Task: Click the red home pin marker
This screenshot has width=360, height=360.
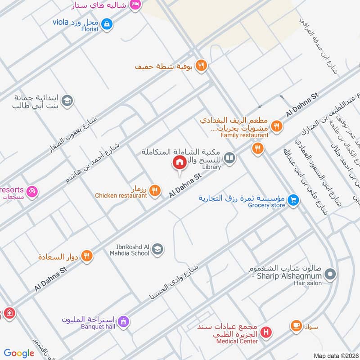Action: tap(179, 162)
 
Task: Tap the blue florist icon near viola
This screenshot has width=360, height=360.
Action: tap(107, 23)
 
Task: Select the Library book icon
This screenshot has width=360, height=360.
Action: tap(229, 158)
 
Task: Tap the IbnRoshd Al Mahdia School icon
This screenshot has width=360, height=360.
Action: tap(157, 249)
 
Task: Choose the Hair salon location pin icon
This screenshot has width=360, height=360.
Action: tap(330, 274)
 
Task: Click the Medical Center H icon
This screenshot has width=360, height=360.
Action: tap(266, 333)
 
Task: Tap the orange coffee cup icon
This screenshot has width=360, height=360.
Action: tap(296, 325)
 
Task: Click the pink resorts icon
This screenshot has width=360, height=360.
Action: tap(31, 191)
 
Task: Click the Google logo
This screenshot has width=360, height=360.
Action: tap(19, 353)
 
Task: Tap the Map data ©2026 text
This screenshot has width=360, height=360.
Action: tap(335, 355)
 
